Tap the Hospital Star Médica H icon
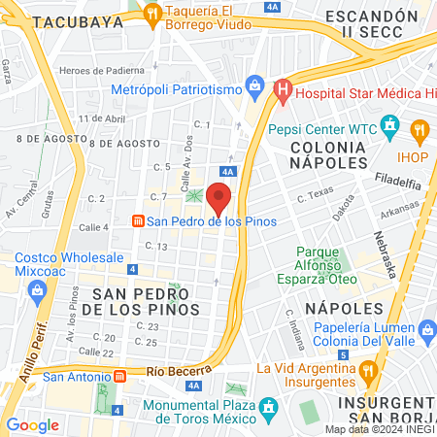coord(282,92)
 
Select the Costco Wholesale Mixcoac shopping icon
coord(37,289)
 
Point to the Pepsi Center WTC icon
coord(390,125)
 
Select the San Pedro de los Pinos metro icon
coord(139,221)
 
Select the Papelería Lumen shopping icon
coord(424,332)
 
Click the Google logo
coord(32,424)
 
